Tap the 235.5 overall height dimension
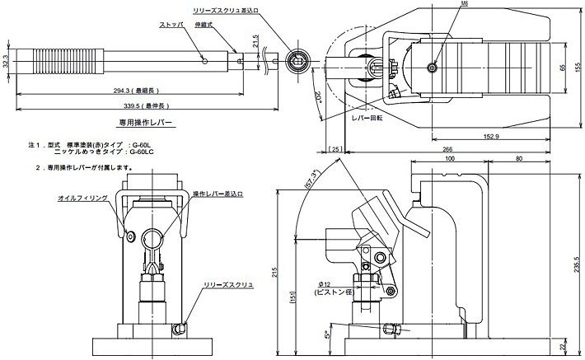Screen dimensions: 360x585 click(x=578, y=262)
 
